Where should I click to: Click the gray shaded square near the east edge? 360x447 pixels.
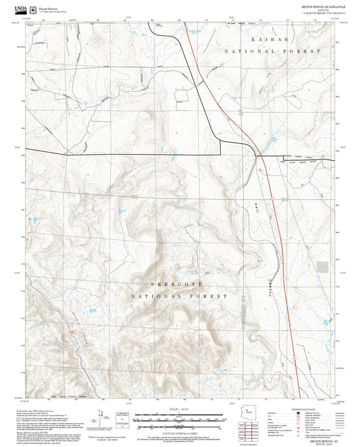point(323,267)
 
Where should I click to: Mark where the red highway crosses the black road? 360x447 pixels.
point(259,156)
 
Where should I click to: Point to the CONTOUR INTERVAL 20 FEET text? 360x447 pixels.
point(180,432)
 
